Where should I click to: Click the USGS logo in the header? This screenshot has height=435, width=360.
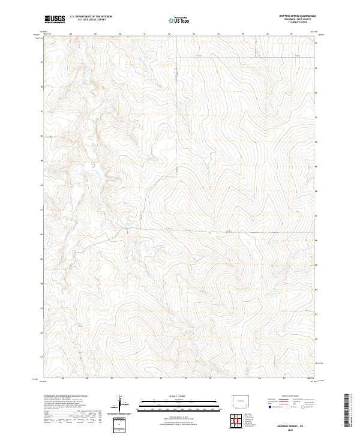55,19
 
